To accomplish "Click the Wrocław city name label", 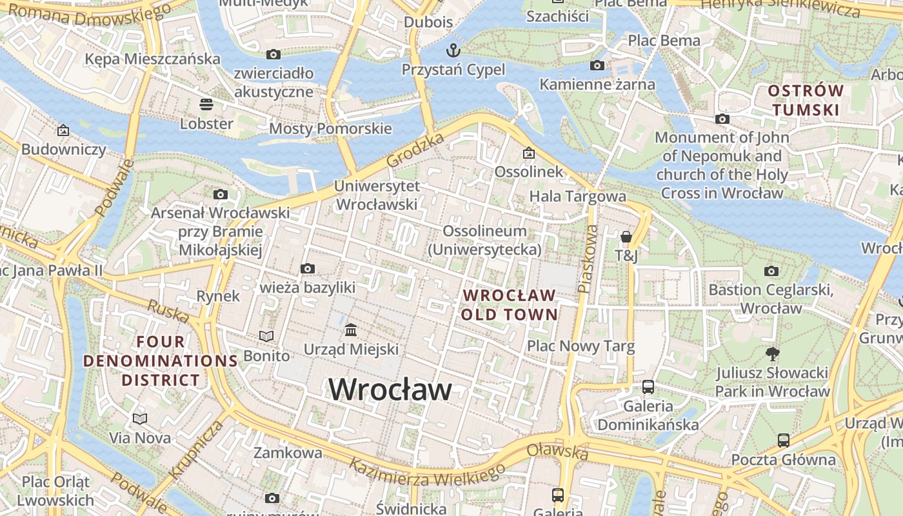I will pos(390,390).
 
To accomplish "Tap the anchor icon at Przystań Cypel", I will pos(454,50).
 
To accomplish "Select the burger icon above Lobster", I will pos(206,104).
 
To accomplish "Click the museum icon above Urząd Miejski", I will pos(351,330).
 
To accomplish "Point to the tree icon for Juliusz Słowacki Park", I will pos(772,353).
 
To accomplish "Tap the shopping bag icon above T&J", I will pos(626,237).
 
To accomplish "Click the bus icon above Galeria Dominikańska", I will pos(648,387).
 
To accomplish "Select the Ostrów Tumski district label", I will pos(806,101).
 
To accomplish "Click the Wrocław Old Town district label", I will pos(510,305).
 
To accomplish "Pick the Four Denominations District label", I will pos(161,361).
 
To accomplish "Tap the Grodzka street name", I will pos(416,151).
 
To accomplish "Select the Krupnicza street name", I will pos(197,449).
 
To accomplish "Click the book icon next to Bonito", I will pos(266,336).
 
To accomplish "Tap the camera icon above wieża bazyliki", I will pos(308,268).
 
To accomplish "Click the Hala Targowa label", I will pos(577,196).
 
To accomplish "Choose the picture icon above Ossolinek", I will pos(529,153).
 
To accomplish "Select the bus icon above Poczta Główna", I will pos(783,441).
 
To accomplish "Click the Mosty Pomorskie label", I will pos(330,128).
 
